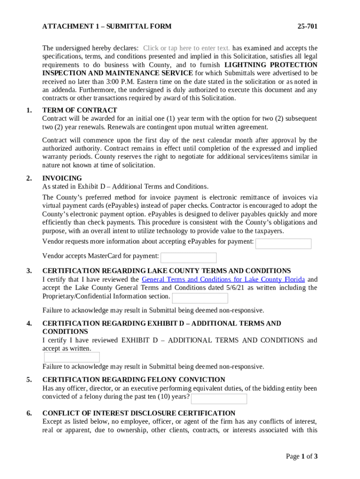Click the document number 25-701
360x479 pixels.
point(307,27)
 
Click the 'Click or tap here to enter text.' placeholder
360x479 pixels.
point(186,48)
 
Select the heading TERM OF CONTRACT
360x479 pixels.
point(79,110)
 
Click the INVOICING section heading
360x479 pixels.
point(62,178)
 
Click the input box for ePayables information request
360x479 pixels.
point(283,244)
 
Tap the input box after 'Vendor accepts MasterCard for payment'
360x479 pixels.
point(188,258)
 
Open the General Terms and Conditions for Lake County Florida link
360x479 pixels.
point(223,279)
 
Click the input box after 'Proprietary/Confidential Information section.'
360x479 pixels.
point(200,298)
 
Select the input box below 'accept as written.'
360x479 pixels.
point(72,357)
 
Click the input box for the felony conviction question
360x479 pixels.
point(219,399)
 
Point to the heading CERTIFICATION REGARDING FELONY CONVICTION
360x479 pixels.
point(134,380)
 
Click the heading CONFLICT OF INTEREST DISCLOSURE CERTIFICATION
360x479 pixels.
point(139,414)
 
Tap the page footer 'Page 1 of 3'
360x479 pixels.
point(302,457)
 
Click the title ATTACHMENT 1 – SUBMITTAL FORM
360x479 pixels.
point(107,27)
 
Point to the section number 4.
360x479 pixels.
point(29,324)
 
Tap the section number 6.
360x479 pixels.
point(29,414)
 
